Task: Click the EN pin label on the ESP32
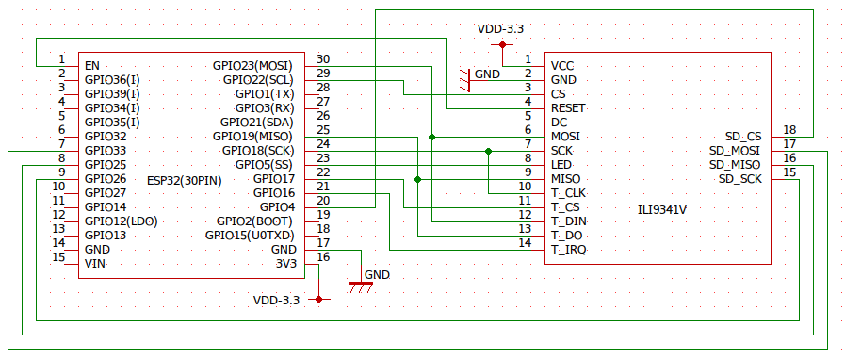(x=91, y=66)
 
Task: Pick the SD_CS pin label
(x=743, y=137)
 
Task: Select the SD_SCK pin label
(x=740, y=179)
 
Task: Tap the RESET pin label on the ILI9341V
(x=569, y=108)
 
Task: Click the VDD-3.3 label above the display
(x=500, y=29)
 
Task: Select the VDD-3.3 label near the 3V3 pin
(x=276, y=300)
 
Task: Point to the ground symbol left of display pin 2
(x=465, y=79)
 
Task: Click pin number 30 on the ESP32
(x=323, y=59)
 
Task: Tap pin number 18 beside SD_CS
(x=789, y=130)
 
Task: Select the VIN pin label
(x=94, y=264)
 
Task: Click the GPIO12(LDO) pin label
(x=121, y=221)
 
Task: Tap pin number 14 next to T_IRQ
(x=525, y=243)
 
